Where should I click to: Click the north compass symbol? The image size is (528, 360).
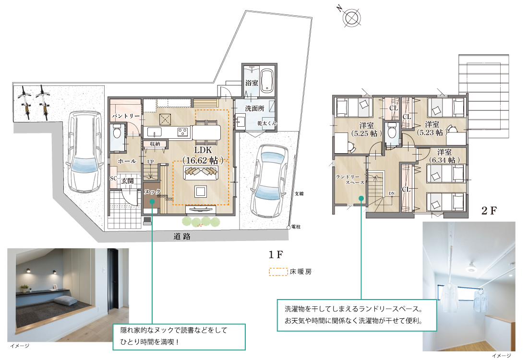click(x=352, y=17)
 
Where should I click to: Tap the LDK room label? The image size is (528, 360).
click(x=203, y=150)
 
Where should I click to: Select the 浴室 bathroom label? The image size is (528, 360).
click(x=252, y=83)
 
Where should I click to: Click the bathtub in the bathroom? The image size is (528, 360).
click(x=267, y=81)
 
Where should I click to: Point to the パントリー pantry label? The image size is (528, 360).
click(x=126, y=116)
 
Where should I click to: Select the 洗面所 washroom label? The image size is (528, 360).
click(x=254, y=108)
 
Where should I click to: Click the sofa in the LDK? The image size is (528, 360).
click(x=201, y=172)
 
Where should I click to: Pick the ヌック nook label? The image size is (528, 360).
click(x=152, y=192)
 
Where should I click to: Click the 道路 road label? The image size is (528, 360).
click(x=182, y=237)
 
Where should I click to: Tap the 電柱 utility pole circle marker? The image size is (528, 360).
click(x=288, y=228)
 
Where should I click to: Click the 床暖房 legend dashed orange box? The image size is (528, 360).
click(x=278, y=272)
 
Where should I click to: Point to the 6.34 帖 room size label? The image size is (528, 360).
click(x=444, y=160)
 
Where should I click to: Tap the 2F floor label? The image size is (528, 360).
click(x=489, y=211)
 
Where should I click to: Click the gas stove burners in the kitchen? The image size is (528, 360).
click(x=182, y=132)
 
